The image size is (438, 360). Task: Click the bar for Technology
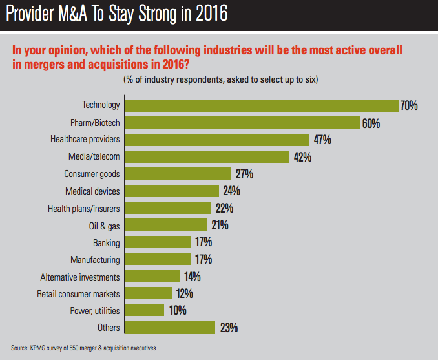click(261, 105)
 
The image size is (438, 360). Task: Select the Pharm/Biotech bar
click(242, 122)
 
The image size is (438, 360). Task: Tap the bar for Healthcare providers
click(216, 139)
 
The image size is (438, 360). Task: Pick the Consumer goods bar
click(178, 174)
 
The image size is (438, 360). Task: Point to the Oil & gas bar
click(166, 225)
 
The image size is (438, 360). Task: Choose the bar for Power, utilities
click(145, 310)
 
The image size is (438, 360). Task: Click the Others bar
click(169, 327)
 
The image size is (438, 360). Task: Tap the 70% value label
click(409, 105)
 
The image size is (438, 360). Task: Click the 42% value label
click(302, 156)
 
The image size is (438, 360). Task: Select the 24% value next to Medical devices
click(231, 191)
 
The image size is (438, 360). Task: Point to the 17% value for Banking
click(203, 242)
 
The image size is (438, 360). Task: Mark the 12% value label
click(183, 293)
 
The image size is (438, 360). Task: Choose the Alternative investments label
click(80, 277)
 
